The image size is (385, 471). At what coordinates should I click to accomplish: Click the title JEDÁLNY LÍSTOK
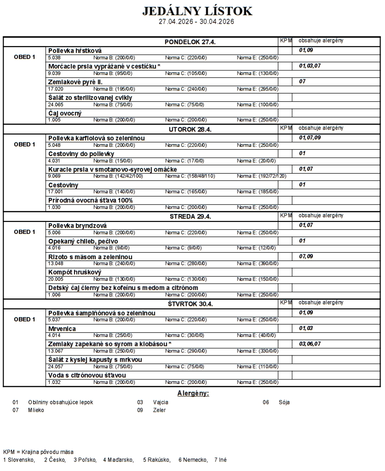click(197, 11)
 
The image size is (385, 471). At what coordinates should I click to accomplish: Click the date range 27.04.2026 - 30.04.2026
click(197, 22)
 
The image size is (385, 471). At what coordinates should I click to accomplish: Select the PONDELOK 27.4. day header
click(190, 42)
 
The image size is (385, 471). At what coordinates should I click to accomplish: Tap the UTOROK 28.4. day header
click(190, 129)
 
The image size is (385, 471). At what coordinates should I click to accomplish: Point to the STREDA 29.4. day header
click(190, 217)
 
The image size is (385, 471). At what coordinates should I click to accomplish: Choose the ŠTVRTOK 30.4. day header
click(190, 304)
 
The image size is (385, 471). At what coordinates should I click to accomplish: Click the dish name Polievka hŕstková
click(75, 50)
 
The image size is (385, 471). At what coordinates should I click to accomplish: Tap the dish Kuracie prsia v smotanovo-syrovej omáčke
click(112, 169)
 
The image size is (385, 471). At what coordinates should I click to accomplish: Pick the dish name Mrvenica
click(62, 329)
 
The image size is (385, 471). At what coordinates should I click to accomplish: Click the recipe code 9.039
click(54, 73)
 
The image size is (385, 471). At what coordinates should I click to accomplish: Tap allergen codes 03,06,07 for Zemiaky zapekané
click(310, 344)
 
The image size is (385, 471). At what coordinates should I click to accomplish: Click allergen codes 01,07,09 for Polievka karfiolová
click(310, 137)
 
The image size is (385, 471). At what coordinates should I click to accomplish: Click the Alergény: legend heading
click(193, 393)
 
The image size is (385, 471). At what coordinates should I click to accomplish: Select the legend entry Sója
click(284, 402)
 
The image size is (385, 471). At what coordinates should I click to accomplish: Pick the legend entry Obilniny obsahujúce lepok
click(60, 402)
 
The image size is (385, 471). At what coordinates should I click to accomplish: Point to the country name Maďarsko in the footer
click(122, 459)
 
